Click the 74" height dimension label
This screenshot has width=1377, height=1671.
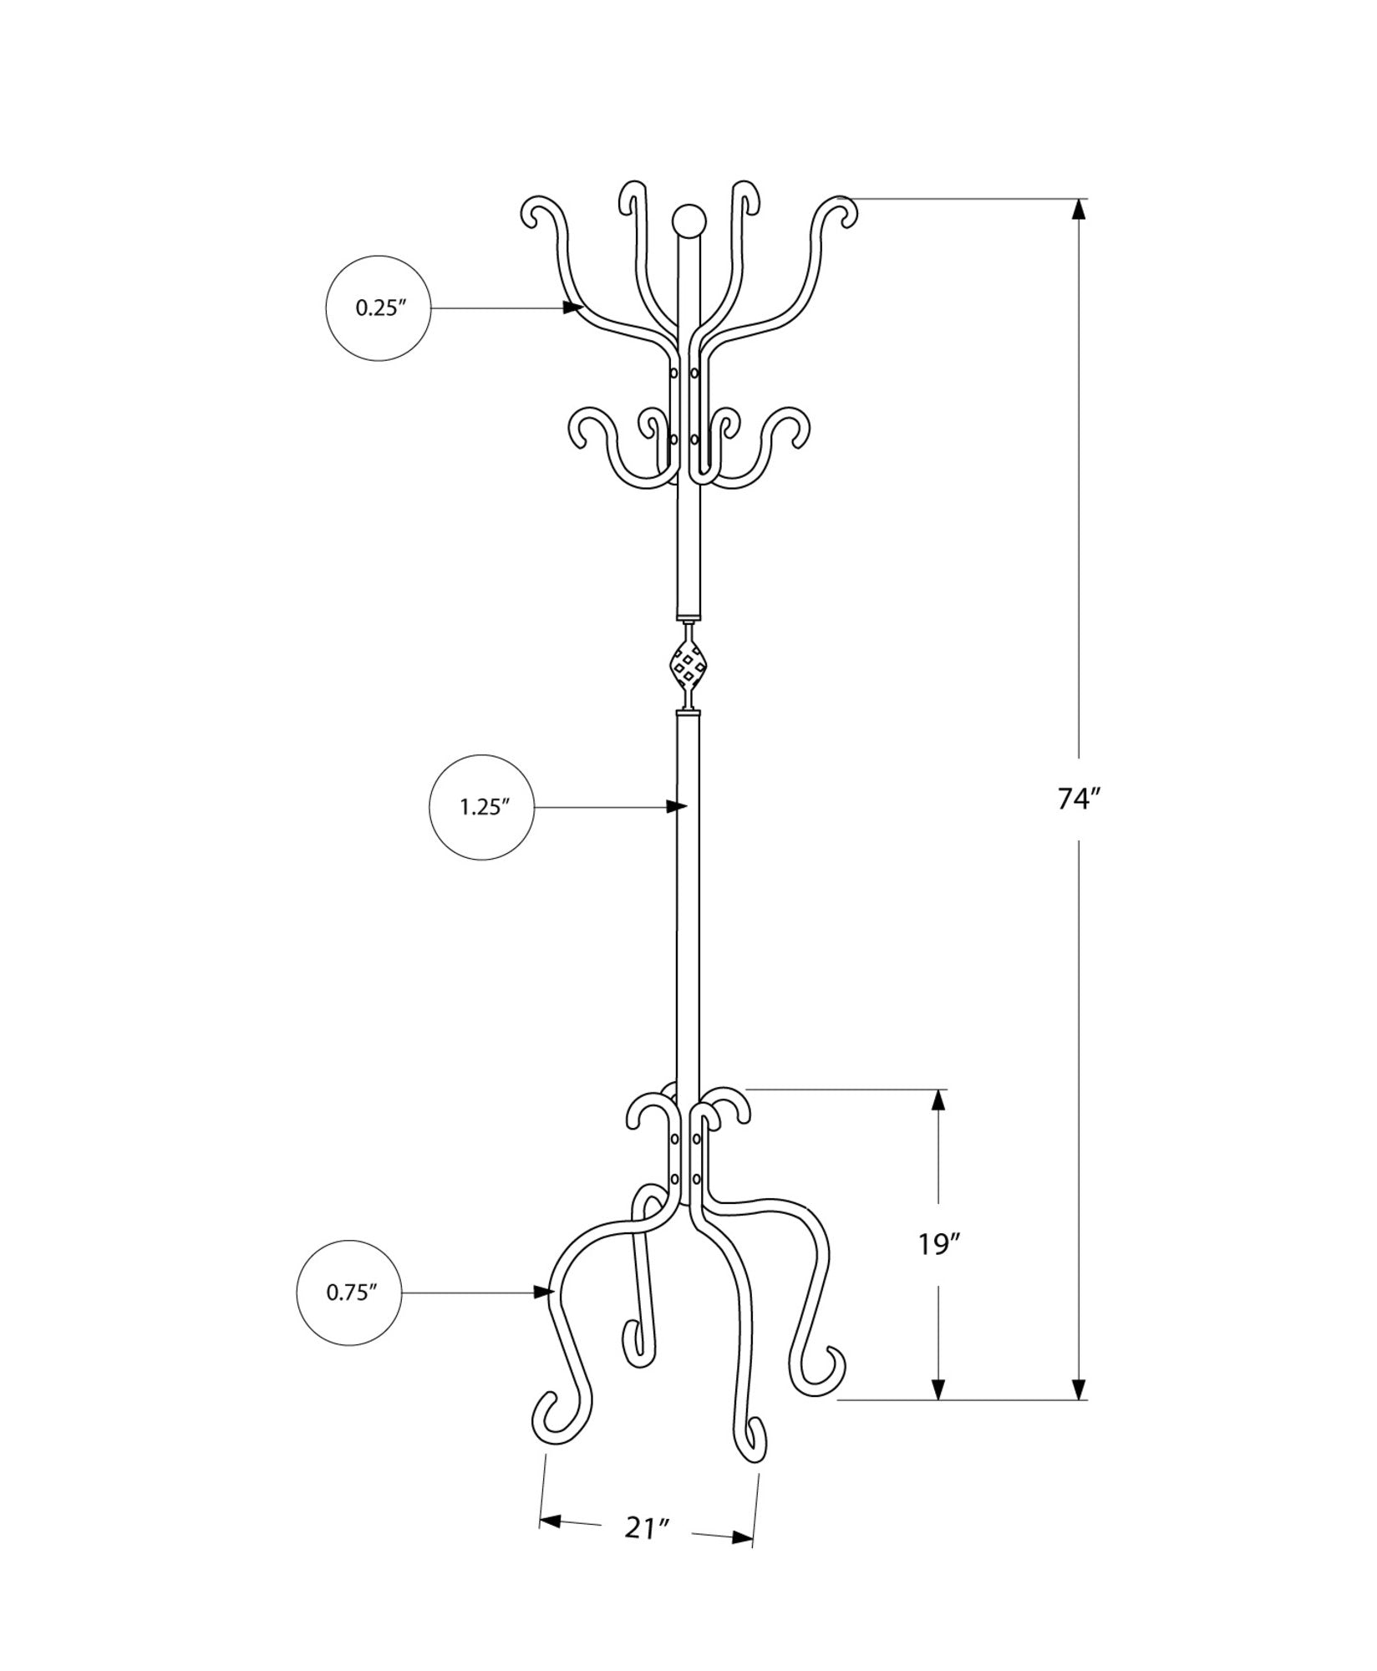click(x=1081, y=800)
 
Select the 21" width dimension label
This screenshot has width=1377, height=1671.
click(x=648, y=1552)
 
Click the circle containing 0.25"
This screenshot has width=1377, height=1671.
click(x=379, y=308)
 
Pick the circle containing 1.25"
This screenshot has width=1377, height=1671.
click(x=482, y=807)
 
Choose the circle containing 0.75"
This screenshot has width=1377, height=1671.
click(x=350, y=1316)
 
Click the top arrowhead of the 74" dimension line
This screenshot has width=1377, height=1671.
click(x=1080, y=209)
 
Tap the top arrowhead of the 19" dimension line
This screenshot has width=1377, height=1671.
click(x=940, y=1100)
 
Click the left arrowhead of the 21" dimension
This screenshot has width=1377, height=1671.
click(x=549, y=1545)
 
